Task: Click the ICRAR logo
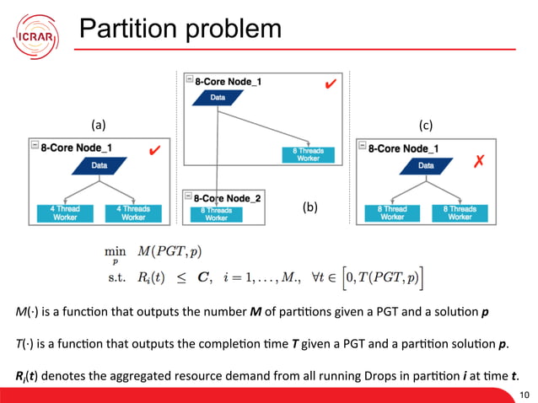click(35, 34)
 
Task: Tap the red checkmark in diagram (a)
click(153, 151)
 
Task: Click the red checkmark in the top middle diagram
click(331, 85)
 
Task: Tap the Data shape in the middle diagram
click(218, 99)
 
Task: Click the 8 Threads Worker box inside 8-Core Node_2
click(217, 213)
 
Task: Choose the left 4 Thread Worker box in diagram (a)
click(66, 212)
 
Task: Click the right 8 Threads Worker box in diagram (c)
click(460, 212)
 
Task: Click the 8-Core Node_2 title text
click(225, 197)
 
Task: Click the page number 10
click(525, 394)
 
